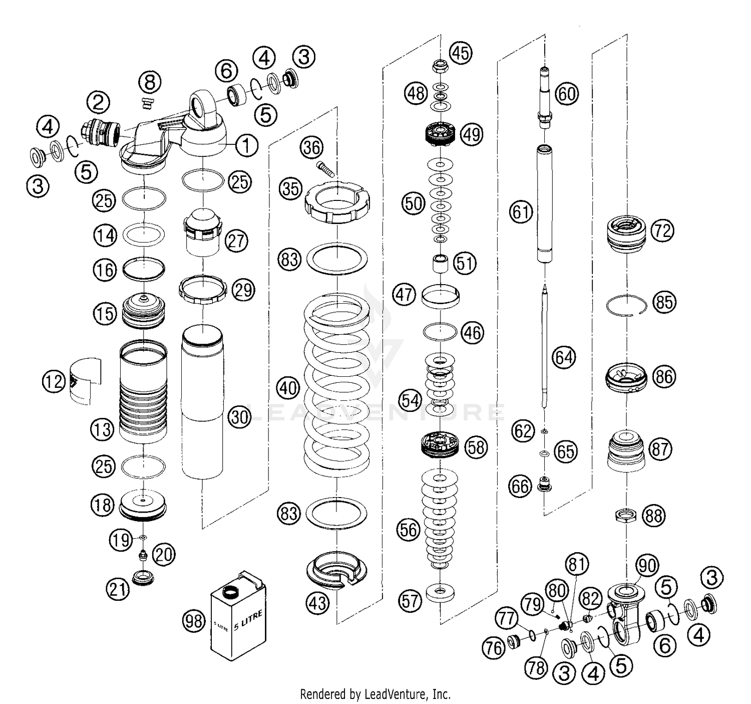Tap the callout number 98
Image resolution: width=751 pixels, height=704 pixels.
[x=194, y=621]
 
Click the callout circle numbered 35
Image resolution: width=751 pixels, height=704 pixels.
[x=292, y=189]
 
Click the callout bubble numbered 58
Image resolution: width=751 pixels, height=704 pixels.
[x=476, y=446]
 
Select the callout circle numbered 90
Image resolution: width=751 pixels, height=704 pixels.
[x=647, y=566]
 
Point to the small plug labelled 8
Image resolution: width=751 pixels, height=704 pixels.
[x=146, y=103]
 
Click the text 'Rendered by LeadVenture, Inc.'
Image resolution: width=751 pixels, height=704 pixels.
[x=375, y=694]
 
